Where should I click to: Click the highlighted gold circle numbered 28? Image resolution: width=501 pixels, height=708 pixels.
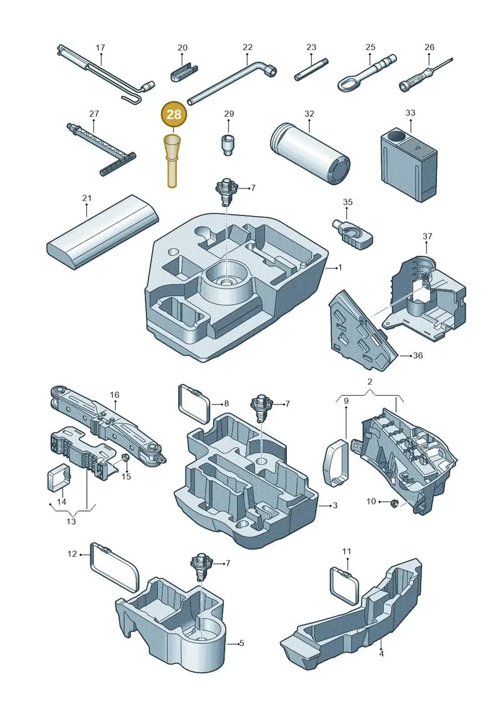coord(173,115)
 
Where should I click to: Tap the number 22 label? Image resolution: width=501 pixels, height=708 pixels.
coord(247,48)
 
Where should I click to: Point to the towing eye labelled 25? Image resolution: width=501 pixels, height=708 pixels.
coord(366,73)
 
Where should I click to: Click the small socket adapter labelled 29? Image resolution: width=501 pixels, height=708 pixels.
coord(228,145)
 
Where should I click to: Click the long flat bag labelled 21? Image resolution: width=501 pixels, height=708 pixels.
coord(103,232)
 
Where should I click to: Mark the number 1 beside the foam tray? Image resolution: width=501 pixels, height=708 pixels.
coord(340,268)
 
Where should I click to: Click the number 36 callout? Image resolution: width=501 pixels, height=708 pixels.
coord(418,356)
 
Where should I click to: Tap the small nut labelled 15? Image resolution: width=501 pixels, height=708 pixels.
coord(127,458)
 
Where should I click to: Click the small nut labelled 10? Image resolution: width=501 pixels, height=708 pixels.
coord(393,503)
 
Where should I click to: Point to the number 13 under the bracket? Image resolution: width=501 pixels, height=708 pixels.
coord(71,521)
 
